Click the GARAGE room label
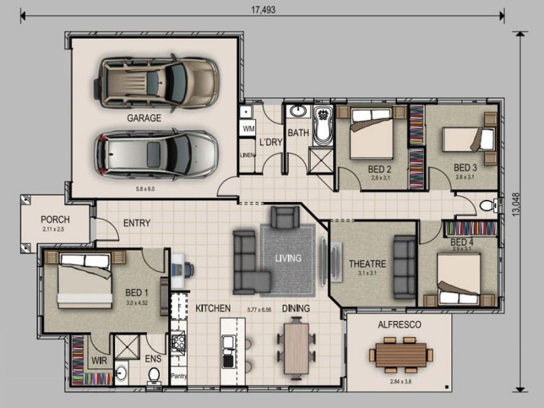point(143,118)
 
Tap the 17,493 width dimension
point(262,9)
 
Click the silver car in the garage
point(156,154)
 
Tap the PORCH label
point(55,220)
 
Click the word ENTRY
point(137,223)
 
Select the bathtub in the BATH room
point(322,125)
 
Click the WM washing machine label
point(248,128)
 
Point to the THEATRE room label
point(367,264)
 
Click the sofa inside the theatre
point(404,267)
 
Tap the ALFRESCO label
point(399,325)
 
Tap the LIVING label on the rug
point(288,258)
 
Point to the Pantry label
point(179,375)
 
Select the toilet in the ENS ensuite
point(154,375)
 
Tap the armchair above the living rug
point(284,218)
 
